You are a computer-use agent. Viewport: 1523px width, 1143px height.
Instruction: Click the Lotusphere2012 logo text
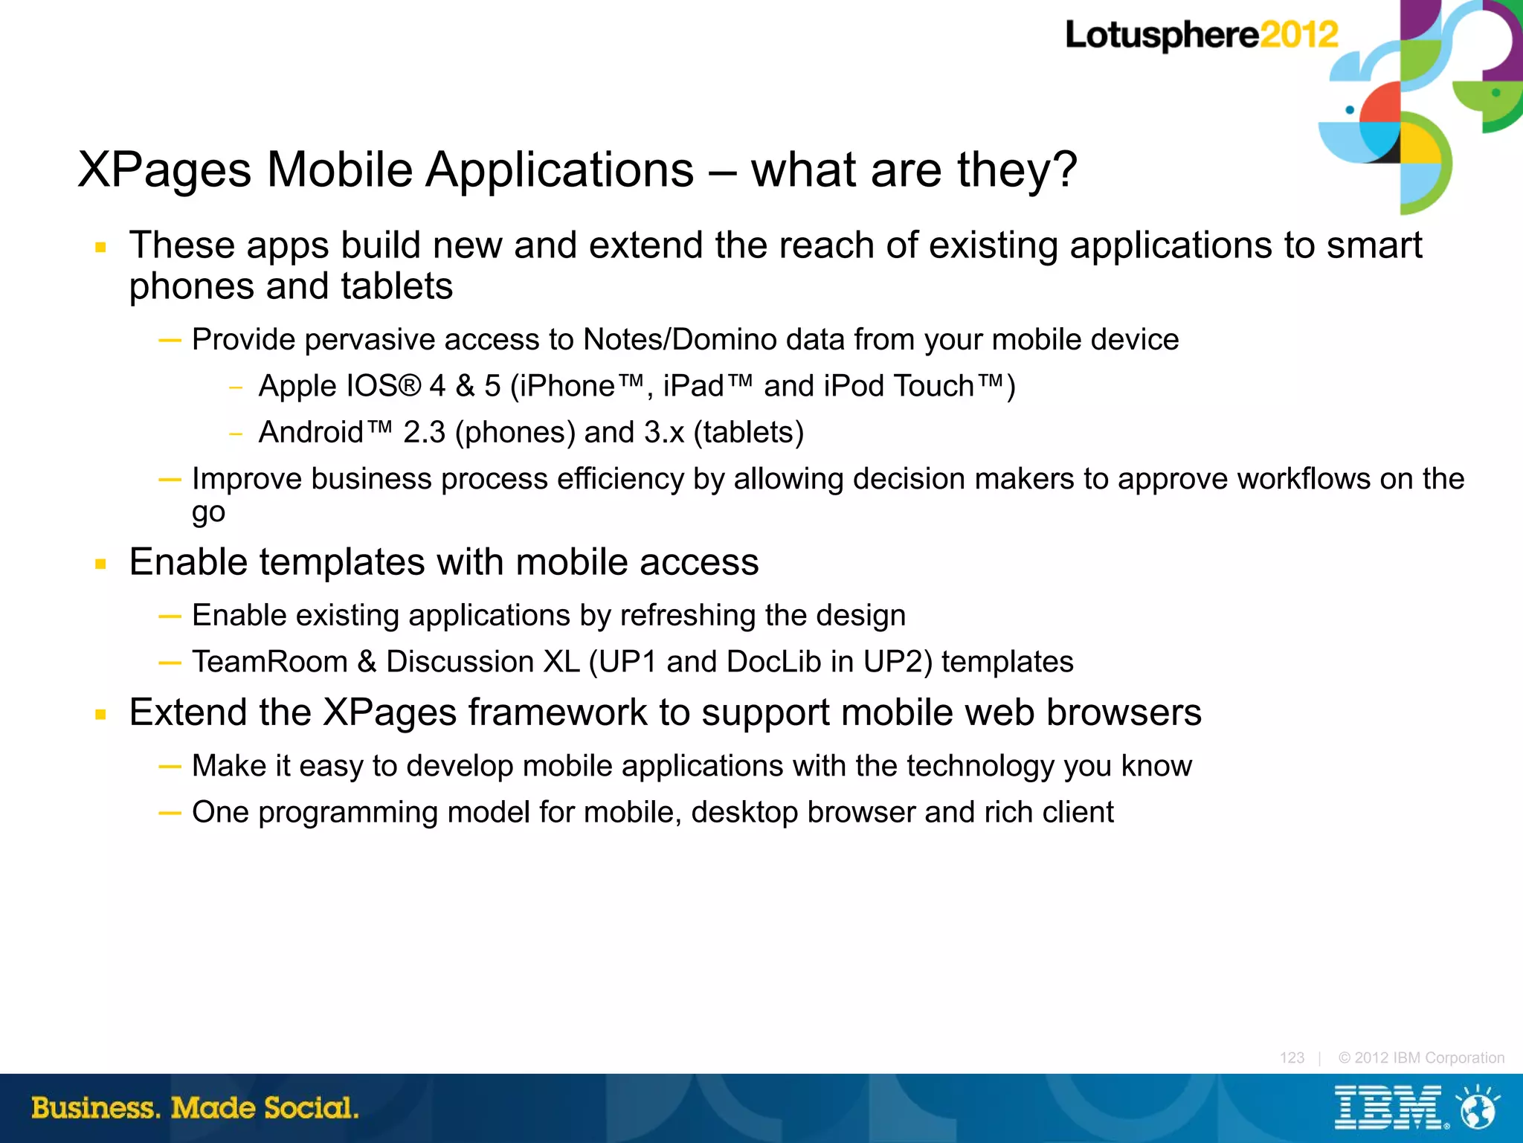1201,35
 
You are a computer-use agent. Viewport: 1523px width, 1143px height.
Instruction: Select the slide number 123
1292,1057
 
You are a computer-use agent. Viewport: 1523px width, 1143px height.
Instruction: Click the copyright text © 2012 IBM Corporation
1420,1057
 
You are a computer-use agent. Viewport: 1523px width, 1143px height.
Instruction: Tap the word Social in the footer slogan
311,1108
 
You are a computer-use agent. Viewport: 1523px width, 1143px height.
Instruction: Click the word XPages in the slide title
164,170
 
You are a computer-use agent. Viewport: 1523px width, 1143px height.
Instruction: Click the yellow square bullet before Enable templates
101,564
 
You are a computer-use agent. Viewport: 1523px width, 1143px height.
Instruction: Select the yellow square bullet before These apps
101,248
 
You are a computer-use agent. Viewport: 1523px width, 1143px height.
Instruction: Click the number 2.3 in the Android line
424,432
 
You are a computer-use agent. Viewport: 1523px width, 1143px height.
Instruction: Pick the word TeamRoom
269,662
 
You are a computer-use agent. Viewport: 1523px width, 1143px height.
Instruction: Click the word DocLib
773,662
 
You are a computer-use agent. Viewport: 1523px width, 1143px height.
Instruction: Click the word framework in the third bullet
557,712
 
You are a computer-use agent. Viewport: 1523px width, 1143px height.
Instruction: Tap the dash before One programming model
170,813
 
